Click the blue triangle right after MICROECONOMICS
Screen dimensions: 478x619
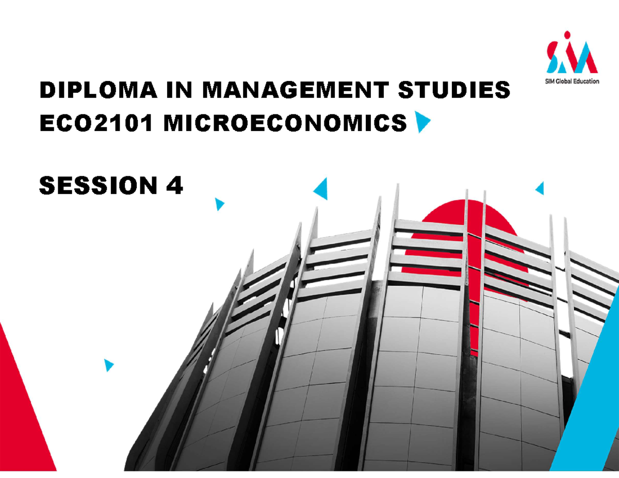coord(422,124)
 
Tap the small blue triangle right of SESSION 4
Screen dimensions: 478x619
coord(220,204)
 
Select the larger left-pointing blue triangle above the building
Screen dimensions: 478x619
coord(321,189)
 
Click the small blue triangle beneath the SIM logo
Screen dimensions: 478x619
coord(540,189)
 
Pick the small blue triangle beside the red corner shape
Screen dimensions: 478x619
coord(108,365)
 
